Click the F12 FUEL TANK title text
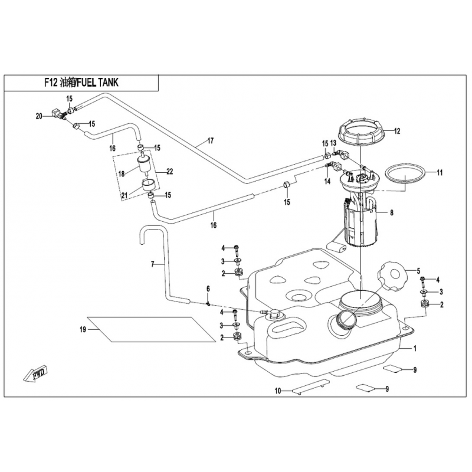pyautogui.click(x=81, y=83)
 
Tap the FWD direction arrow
pyautogui.click(x=36, y=372)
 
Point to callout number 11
pyautogui.click(x=439, y=173)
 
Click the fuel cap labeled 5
pyautogui.click(x=391, y=276)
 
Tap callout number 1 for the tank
pyautogui.click(x=415, y=349)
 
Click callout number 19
pyautogui.click(x=83, y=329)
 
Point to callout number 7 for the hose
pyautogui.click(x=152, y=265)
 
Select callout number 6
pyautogui.click(x=208, y=289)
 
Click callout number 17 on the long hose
pyautogui.click(x=209, y=142)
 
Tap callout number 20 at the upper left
pyautogui.click(x=40, y=116)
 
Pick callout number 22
pyautogui.click(x=170, y=172)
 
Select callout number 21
pyautogui.click(x=124, y=196)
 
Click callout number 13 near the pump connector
pyautogui.click(x=333, y=143)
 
